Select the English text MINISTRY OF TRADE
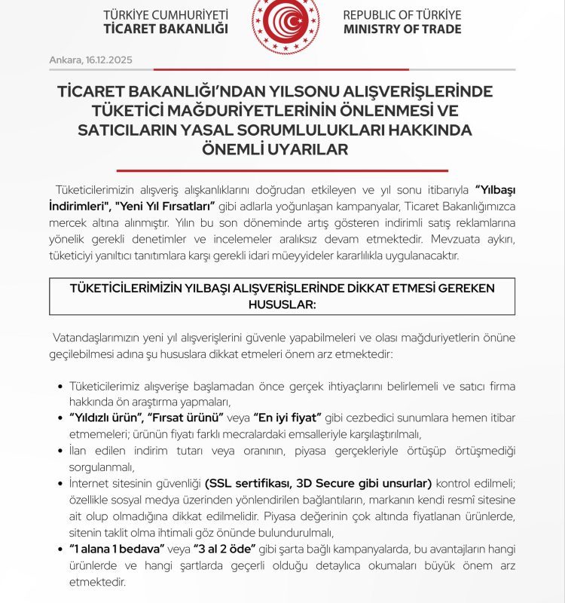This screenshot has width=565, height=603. pos(402,29)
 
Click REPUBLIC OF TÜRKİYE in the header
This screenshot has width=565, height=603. pos(402,14)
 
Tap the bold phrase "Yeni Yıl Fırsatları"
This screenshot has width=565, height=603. pos(163,205)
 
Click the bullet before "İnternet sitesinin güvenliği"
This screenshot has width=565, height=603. pos(60,482)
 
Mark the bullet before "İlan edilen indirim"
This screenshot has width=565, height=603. pos(60,450)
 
